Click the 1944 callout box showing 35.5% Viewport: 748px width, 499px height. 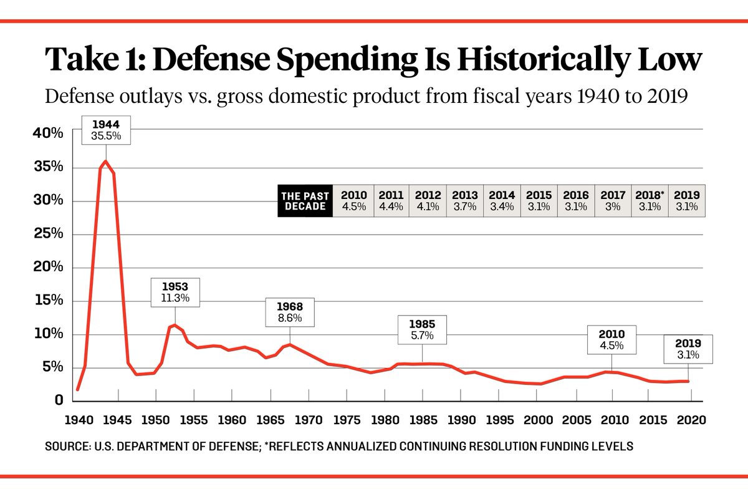coord(105,130)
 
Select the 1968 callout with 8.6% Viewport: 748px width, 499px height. coord(290,312)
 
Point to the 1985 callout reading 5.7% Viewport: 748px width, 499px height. coord(422,330)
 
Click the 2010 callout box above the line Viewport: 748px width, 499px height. coord(611,339)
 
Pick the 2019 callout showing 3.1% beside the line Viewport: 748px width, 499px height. coord(688,349)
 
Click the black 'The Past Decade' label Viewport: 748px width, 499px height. coord(304,201)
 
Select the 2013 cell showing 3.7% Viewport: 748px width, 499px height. coord(465,201)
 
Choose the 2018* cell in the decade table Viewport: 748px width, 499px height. coord(650,201)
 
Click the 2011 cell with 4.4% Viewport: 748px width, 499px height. coord(391,201)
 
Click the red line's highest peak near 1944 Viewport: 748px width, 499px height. coord(106,161)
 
